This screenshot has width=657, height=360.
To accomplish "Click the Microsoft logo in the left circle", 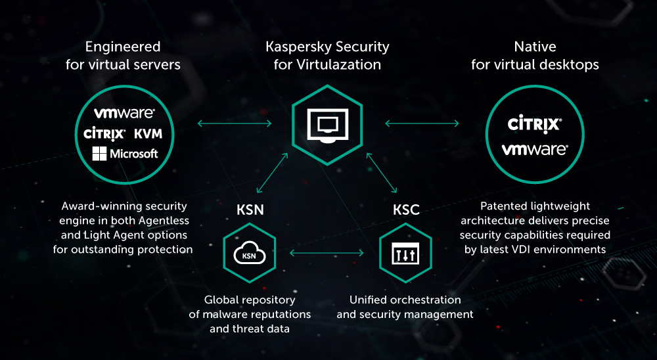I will pos(125,154).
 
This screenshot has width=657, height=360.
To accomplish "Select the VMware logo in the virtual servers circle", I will pos(124,114).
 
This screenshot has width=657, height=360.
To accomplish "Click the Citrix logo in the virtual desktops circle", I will pos(534,123).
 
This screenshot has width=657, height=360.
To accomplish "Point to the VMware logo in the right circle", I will pos(534,149).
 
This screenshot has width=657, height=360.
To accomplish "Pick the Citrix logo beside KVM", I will pos(104,134).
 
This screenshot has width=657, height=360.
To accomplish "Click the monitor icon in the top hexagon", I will pos(327,125).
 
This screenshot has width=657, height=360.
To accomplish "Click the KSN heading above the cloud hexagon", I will pos(250,211).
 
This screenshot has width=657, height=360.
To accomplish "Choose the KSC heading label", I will pos(406,211).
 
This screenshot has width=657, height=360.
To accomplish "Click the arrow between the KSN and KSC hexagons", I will pos(327,253).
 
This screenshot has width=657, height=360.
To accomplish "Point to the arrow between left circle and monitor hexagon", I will pos(235,123).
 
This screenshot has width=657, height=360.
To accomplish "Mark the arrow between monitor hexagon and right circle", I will pos(422,123).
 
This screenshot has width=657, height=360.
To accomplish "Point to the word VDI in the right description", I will pos(517,249).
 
